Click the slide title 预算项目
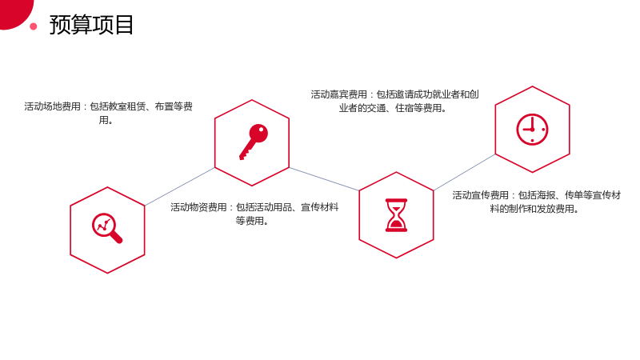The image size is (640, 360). pos(91,25)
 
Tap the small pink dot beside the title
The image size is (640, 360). pos(34,26)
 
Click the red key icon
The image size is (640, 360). pos(254,142)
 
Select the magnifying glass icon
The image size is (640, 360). pos(107,228)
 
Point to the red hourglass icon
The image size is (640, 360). pos(396,215)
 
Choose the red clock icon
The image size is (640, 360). pos(532,130)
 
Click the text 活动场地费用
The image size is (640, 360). pos(52,106)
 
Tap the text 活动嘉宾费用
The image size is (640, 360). pos(338,94)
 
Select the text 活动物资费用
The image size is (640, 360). pos(198,207)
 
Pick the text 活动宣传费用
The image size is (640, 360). pos(481,195)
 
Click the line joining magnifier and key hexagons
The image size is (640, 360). pos(179,186)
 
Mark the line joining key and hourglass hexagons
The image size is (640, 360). pos(324,178)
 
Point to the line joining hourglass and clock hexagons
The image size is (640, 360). pos(464,172)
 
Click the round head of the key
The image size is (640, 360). pos(258,133)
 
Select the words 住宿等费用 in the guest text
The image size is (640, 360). pos(418,108)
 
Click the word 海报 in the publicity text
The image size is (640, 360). pos(546,195)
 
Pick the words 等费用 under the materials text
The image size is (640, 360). pos(249,221)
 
